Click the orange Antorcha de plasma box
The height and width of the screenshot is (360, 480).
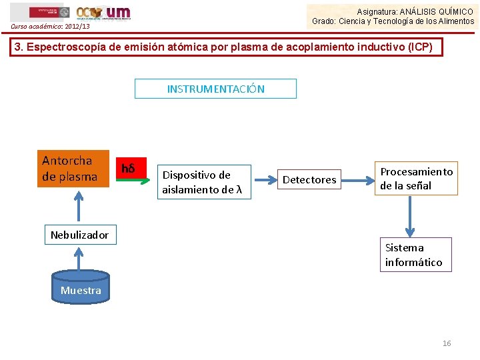[73, 169]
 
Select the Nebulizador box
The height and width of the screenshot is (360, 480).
[79, 235]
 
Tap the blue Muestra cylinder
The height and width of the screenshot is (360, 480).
[81, 290]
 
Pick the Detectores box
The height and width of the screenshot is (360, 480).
[309, 180]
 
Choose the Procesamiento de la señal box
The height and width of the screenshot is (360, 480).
[416, 179]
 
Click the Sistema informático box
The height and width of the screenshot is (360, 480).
[414, 255]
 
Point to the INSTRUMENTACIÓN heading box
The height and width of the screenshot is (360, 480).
[215, 89]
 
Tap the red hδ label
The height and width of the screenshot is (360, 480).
[128, 169]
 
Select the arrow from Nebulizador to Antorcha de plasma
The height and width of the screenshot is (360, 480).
[79, 206]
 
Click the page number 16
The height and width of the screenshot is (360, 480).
[447, 343]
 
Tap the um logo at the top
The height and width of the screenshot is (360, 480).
[118, 12]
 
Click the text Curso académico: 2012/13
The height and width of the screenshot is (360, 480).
[50, 27]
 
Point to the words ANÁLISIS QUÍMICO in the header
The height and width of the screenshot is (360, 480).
[440, 12]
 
